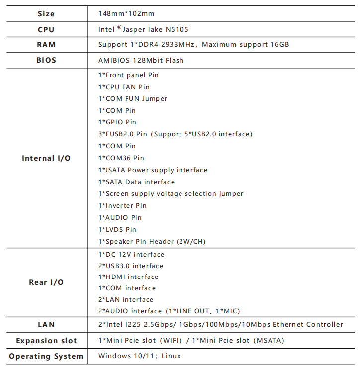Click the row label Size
[x=46, y=13]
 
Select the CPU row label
[x=46, y=29]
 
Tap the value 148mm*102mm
[x=126, y=13]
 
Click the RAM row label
[x=46, y=45]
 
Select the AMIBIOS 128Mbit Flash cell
[x=141, y=60]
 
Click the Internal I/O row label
[x=46, y=158]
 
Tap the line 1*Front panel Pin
[x=128, y=75]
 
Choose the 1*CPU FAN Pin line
[x=124, y=87]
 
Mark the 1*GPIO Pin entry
[x=117, y=122]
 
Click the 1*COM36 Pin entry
[x=121, y=158]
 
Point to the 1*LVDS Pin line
[x=117, y=230]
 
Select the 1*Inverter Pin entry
[x=122, y=206]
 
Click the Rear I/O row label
[x=46, y=282]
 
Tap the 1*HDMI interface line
[x=128, y=277]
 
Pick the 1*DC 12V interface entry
[x=131, y=255]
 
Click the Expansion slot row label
[x=46, y=341]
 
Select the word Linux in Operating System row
[x=171, y=356]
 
